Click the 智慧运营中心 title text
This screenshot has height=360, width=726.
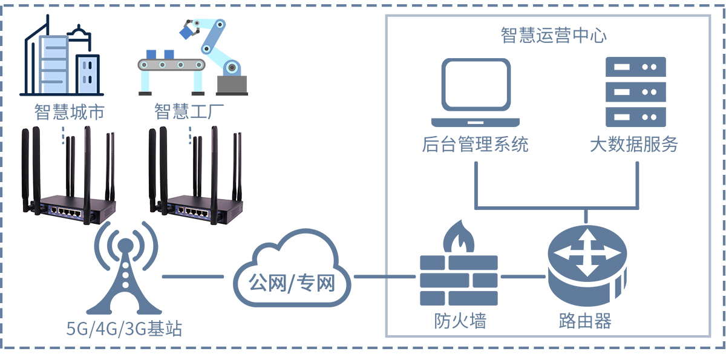click(554, 35)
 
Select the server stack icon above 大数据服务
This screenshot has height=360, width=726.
click(635, 91)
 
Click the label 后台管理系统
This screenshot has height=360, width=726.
click(475, 144)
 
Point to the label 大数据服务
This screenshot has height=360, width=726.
click(634, 144)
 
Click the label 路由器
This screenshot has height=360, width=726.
click(585, 321)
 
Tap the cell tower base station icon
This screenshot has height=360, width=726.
click(125, 272)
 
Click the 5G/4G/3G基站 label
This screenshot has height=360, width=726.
click(125, 329)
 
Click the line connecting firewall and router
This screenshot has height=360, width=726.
click(524, 278)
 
